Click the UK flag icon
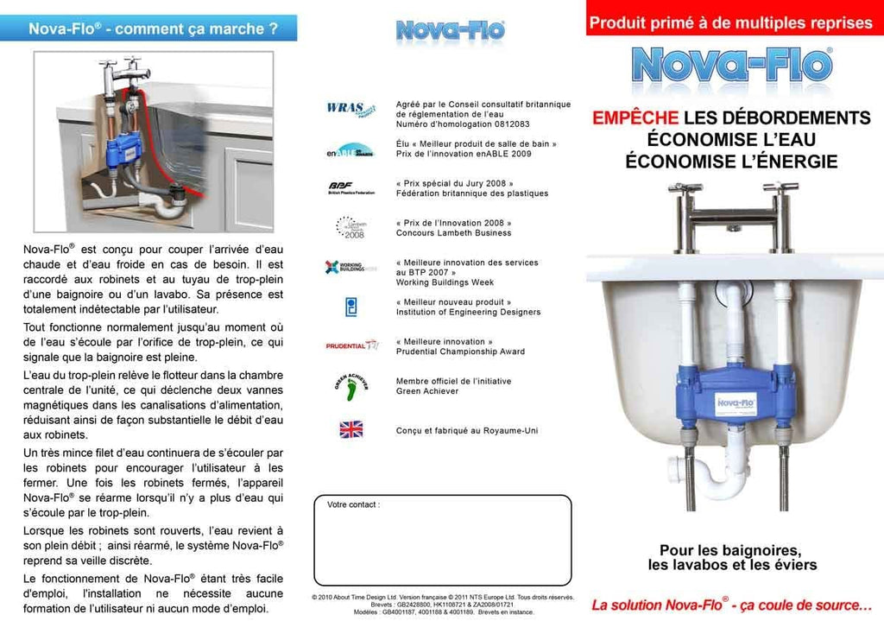(351, 429)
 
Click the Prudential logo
(351, 345)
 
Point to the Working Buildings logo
(350, 267)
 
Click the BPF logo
(342, 187)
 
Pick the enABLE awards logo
(350, 149)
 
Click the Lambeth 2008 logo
(351, 227)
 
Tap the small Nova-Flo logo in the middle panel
(450, 31)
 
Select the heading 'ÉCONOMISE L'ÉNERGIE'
(731, 162)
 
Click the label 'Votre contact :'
(353, 504)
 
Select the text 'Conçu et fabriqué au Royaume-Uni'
(467, 430)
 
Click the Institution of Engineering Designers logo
(351, 307)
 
